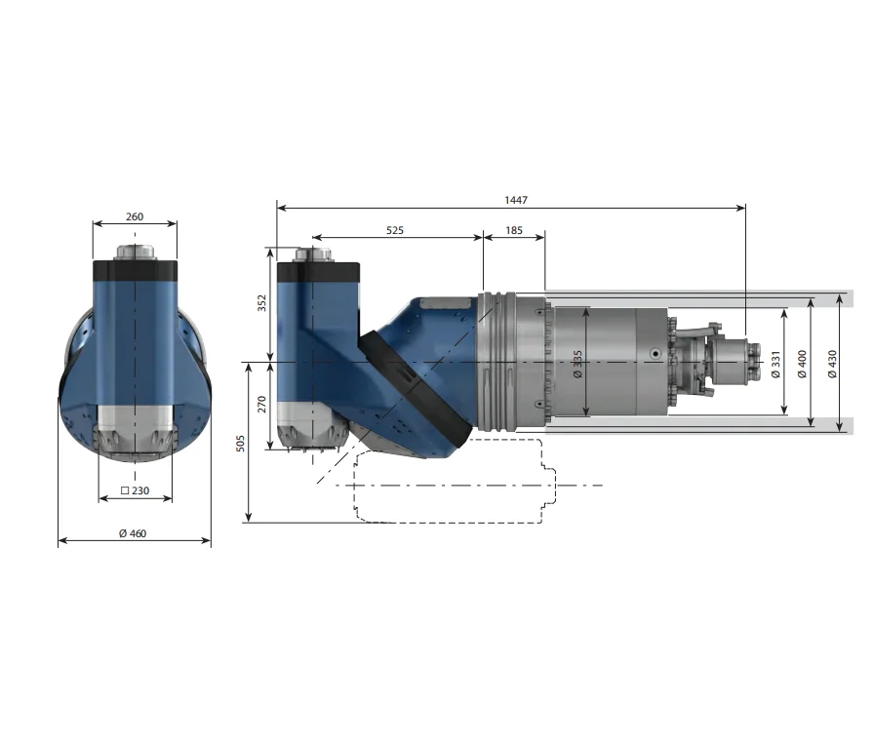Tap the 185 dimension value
[x=514, y=231]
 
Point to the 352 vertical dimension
[x=261, y=304]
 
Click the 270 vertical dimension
[x=261, y=406]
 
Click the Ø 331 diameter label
[x=775, y=363]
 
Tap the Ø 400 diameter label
[x=802, y=363]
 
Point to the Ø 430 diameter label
[x=831, y=363]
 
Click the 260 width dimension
[x=135, y=217]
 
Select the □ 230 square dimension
[x=135, y=490]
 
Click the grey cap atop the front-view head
[x=135, y=252]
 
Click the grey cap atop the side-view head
[x=315, y=254]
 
